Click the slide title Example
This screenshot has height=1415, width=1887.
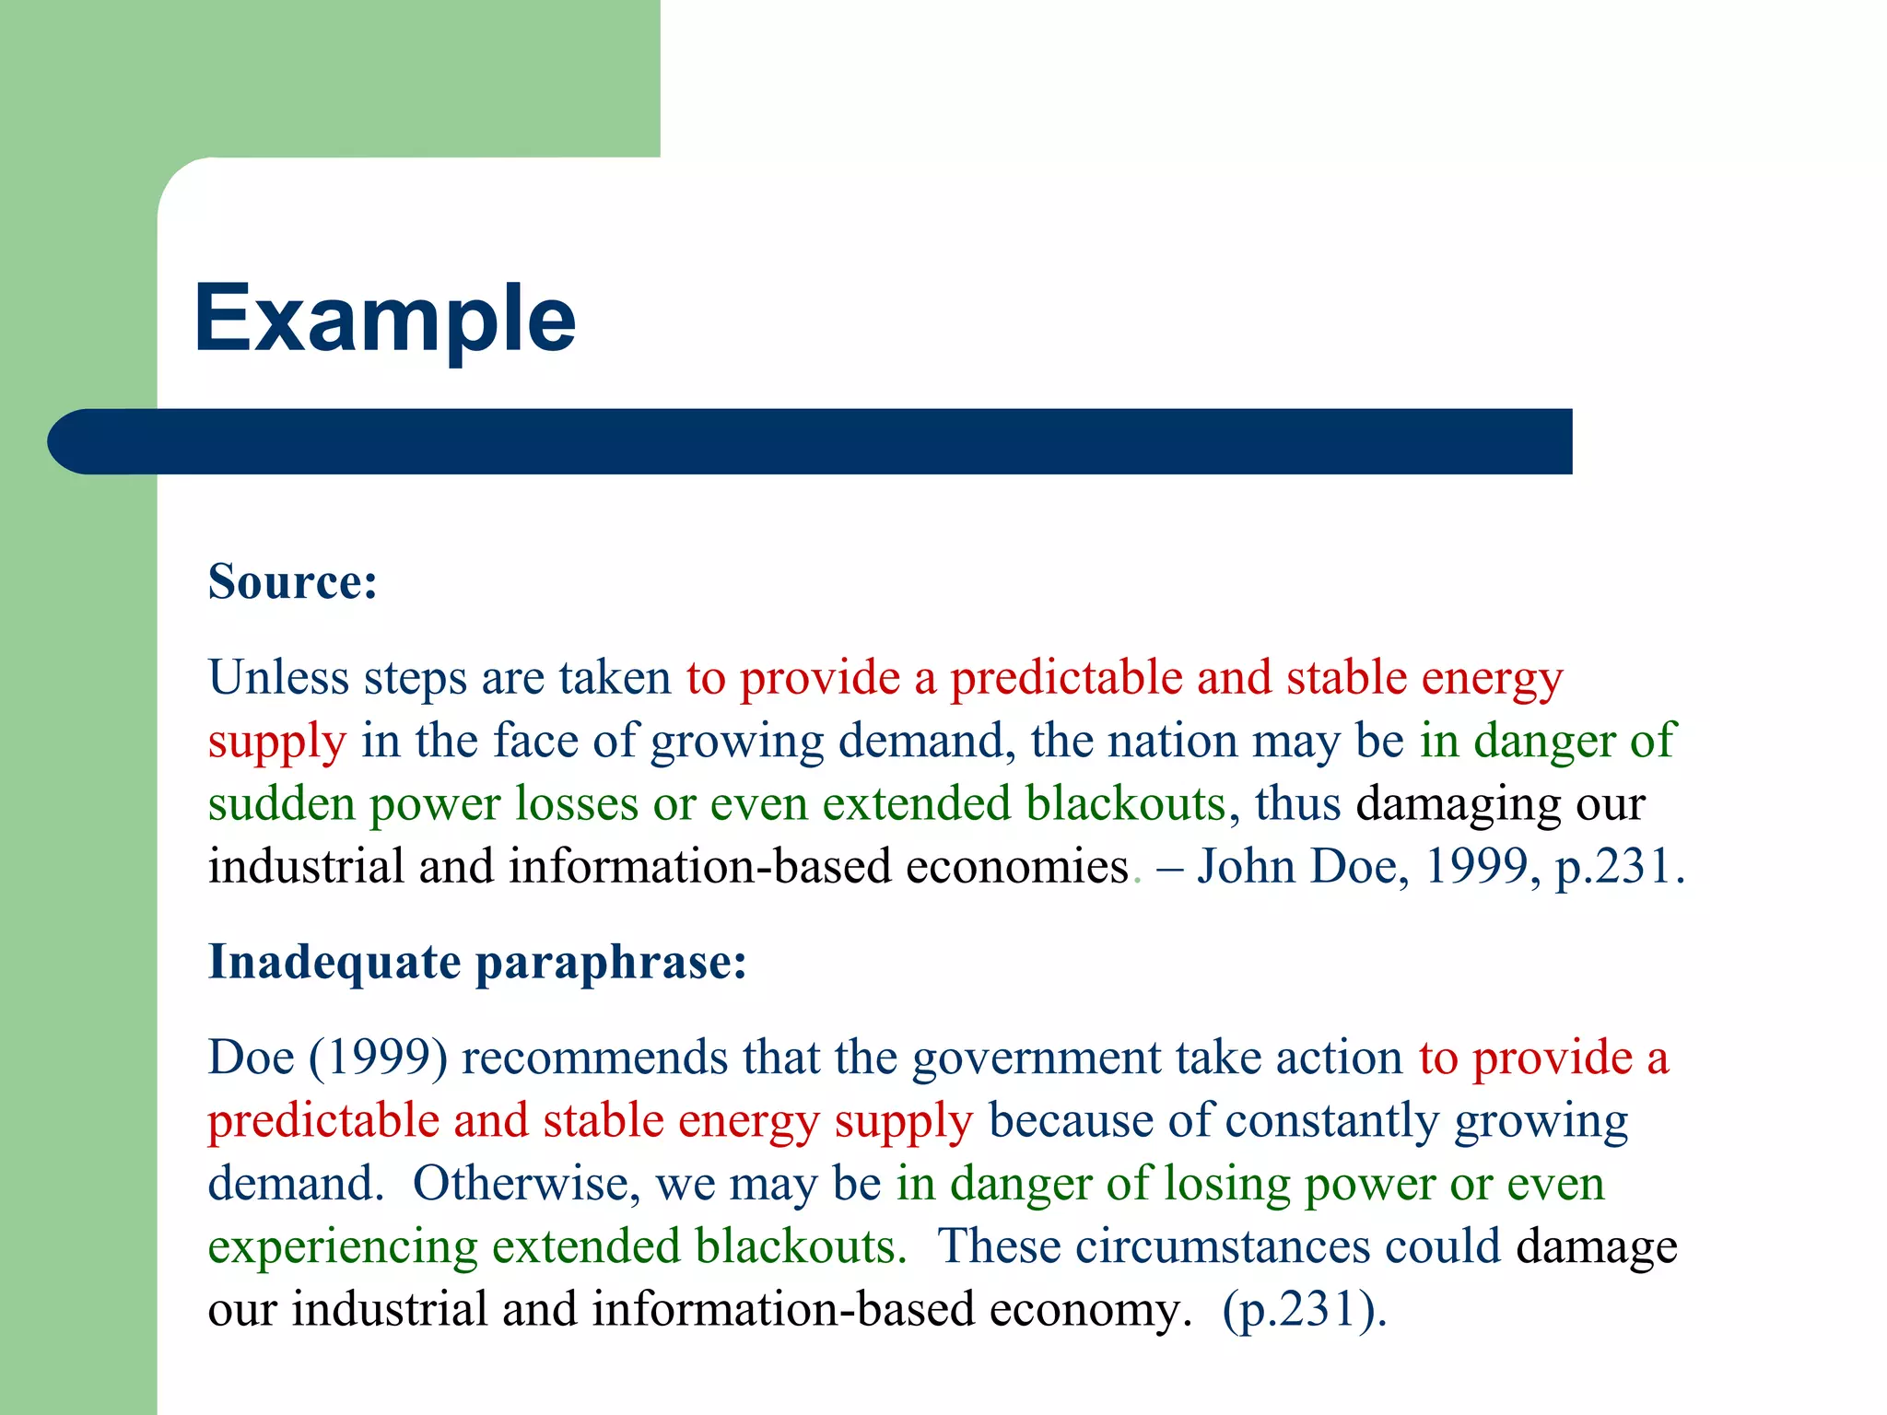point(384,319)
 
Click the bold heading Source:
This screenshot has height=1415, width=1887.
point(293,582)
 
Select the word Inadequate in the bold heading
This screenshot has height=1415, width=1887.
point(334,962)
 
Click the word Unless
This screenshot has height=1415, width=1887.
point(278,678)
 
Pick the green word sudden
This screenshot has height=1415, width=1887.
point(281,803)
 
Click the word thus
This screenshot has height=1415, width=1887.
point(1297,803)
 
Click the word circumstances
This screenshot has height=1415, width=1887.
point(1222,1246)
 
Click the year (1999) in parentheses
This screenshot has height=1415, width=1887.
point(379,1058)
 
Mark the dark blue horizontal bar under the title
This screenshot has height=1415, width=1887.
point(811,441)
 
